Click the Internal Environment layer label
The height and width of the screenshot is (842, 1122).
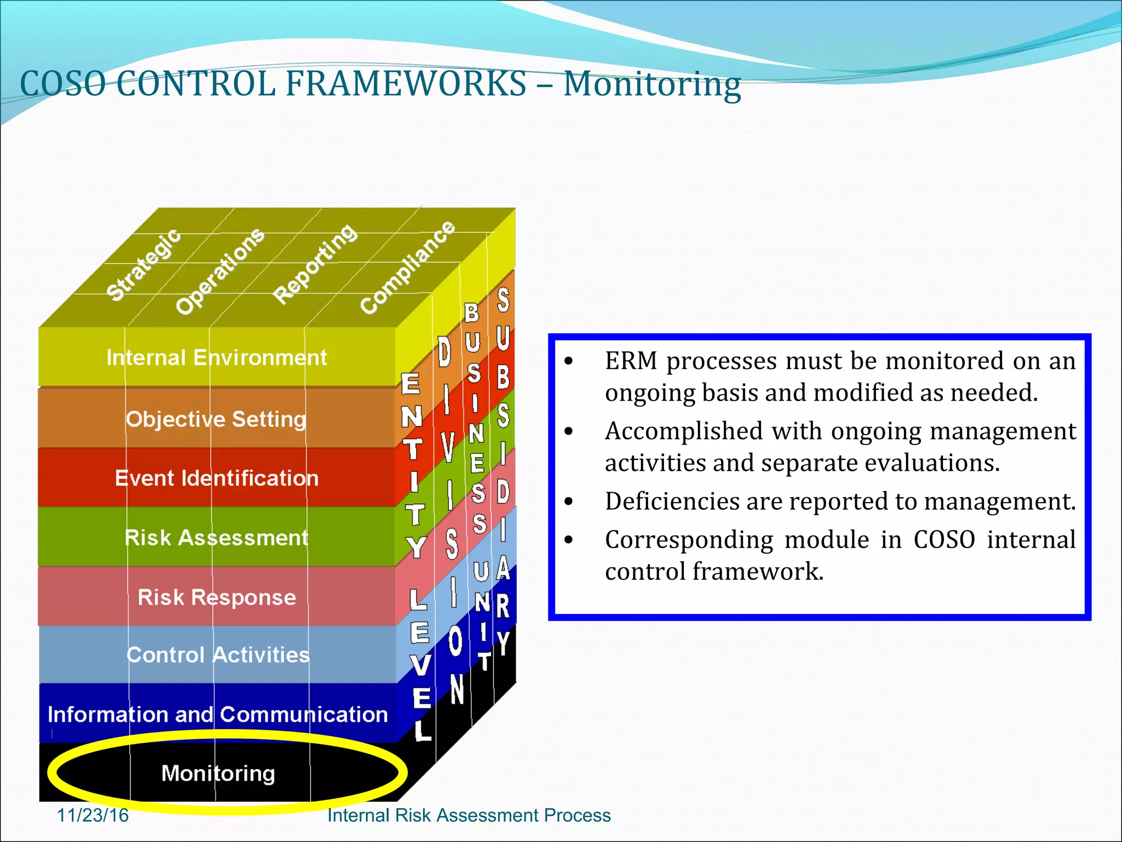pos(216,358)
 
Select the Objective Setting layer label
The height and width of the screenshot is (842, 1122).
pos(216,419)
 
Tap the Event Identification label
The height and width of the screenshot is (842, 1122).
pos(216,479)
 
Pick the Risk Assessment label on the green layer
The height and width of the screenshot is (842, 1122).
pos(216,538)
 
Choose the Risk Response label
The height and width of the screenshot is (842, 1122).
pos(216,597)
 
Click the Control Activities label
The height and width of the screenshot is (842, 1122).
pos(217,655)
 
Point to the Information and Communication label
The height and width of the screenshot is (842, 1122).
pos(217,715)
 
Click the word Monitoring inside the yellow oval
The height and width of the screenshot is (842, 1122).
pos(218,773)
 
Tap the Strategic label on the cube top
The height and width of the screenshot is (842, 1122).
pos(144,265)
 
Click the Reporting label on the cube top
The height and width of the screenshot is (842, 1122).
pos(315,264)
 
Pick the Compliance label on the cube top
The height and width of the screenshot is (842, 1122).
pos(408,268)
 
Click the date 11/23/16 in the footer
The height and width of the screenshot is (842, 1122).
pos(93,815)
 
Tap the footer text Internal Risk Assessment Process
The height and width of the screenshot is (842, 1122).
pos(469,815)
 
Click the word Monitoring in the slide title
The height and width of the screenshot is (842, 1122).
pos(652,85)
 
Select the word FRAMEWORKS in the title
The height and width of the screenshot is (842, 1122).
pos(406,84)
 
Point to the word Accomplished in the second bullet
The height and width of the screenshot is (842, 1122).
pos(683,431)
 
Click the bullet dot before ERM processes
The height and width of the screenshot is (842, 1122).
pos(569,361)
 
